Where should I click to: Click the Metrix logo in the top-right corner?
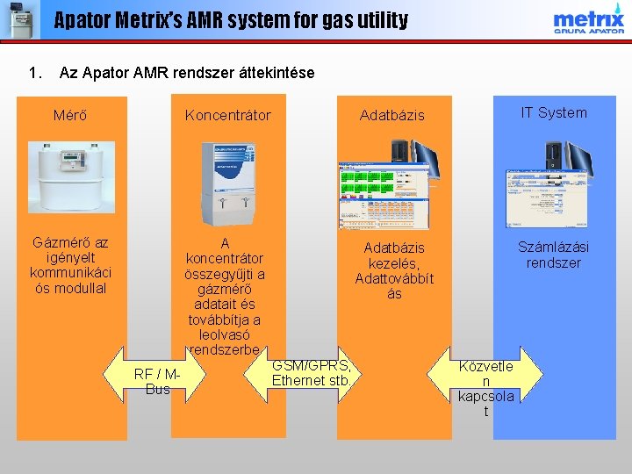tap(588, 20)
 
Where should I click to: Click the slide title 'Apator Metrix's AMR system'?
tap(231, 19)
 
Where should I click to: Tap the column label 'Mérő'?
tap(69, 115)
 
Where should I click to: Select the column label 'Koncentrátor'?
tap(227, 115)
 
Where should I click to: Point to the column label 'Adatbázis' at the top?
tap(391, 115)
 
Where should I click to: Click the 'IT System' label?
tap(553, 112)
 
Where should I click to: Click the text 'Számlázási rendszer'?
tap(553, 255)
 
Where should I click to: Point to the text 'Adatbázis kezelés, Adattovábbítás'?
tap(394, 271)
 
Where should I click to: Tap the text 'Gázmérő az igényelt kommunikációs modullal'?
tap(70, 264)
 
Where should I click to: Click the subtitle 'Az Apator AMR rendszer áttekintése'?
tap(186, 72)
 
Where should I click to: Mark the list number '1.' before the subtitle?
tap(36, 72)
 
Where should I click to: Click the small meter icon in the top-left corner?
tap(19, 19)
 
